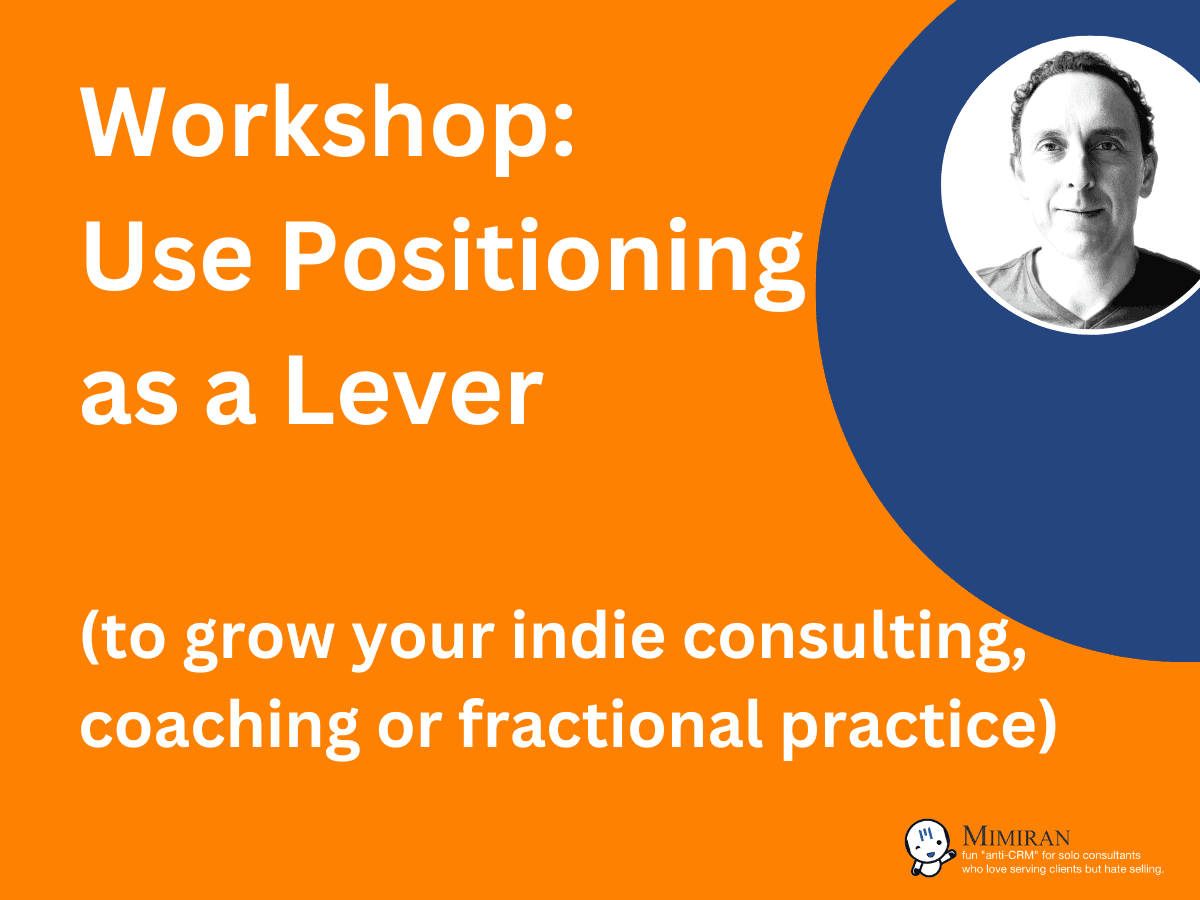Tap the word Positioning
pos(543,262)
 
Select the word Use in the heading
pos(166,257)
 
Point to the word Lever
pos(414,391)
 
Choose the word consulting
pos(854,638)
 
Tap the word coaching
pos(219,727)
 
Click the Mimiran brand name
pos(1016,836)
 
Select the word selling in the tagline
pos(1144,869)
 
